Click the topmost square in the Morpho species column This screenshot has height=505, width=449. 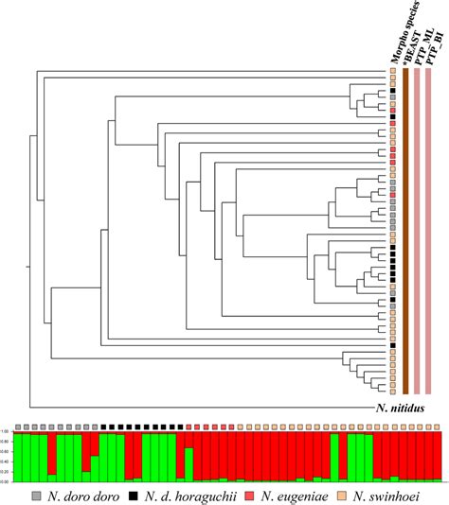pos(391,73)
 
